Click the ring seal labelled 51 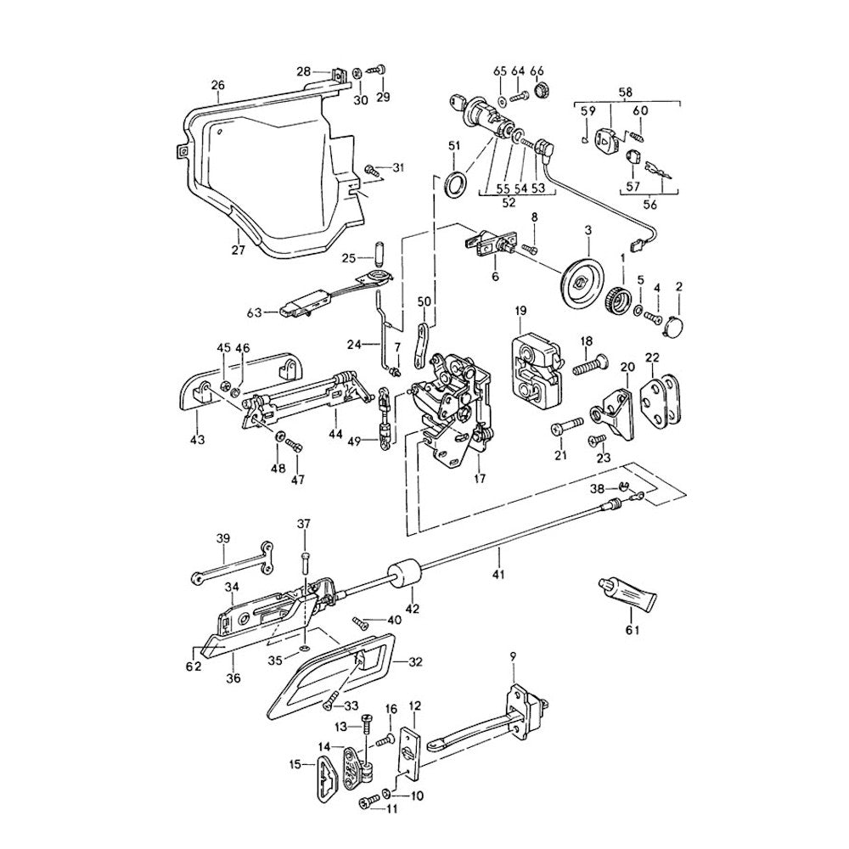tap(455, 183)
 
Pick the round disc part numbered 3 tap(582, 278)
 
